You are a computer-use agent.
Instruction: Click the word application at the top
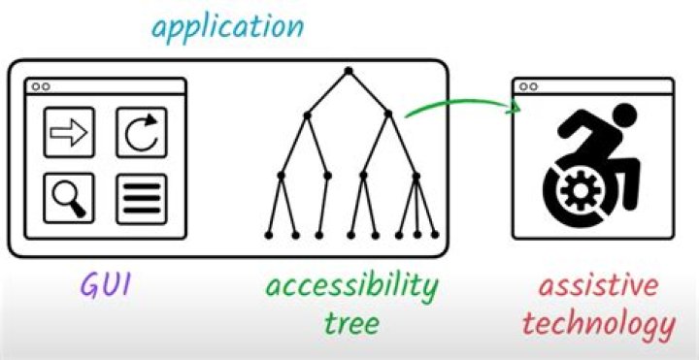(x=227, y=27)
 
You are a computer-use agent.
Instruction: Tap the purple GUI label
(x=106, y=285)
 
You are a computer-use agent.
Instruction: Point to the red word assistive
(x=598, y=286)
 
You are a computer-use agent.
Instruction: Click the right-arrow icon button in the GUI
(x=69, y=132)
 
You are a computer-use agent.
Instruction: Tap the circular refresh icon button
(x=142, y=132)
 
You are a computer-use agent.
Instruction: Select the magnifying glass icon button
(x=69, y=198)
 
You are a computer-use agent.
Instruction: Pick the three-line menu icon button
(x=142, y=198)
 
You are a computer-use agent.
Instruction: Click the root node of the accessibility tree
(x=349, y=71)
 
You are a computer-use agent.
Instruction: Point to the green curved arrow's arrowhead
(x=515, y=107)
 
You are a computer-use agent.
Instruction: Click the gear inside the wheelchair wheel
(x=580, y=191)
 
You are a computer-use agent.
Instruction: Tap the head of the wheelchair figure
(x=625, y=115)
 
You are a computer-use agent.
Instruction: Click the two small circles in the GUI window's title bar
(x=41, y=87)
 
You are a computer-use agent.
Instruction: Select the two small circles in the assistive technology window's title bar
(x=528, y=87)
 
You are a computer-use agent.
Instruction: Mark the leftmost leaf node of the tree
(x=268, y=235)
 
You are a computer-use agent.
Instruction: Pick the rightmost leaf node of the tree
(x=435, y=235)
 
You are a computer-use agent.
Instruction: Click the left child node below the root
(x=307, y=115)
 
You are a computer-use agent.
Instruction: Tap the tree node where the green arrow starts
(x=388, y=115)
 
